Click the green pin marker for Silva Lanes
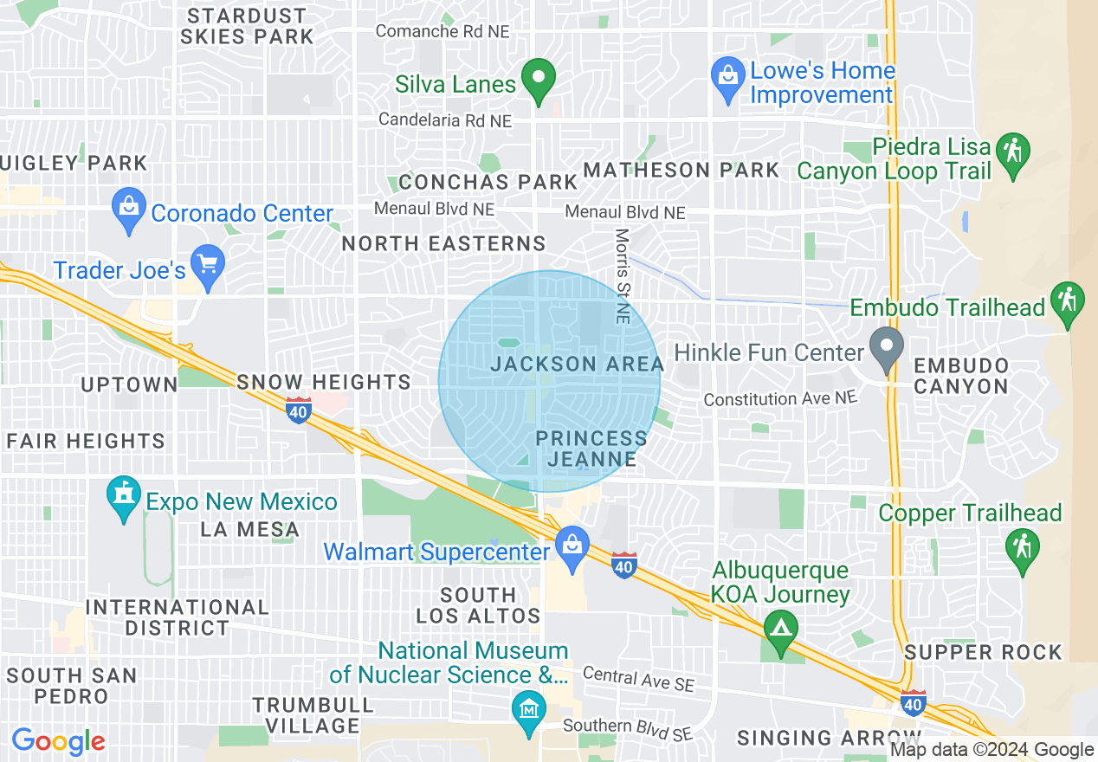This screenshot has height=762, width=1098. [x=540, y=81]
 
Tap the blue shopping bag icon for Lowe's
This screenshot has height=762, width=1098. [x=728, y=74]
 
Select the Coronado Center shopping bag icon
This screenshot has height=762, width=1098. [x=129, y=209]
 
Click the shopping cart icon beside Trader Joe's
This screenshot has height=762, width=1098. [x=208, y=263]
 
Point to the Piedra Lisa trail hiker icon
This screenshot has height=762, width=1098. [x=1012, y=153]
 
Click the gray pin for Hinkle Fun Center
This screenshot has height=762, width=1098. [x=887, y=348]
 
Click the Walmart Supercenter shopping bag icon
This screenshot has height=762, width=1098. [x=572, y=547]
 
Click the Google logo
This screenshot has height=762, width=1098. [x=58, y=741]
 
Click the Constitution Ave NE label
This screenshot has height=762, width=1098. [x=779, y=398]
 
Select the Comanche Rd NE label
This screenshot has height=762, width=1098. [x=442, y=31]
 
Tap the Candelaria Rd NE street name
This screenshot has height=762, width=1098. [x=446, y=120]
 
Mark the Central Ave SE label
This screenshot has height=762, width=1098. [x=638, y=679]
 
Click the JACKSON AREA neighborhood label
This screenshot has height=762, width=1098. [x=577, y=364]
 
